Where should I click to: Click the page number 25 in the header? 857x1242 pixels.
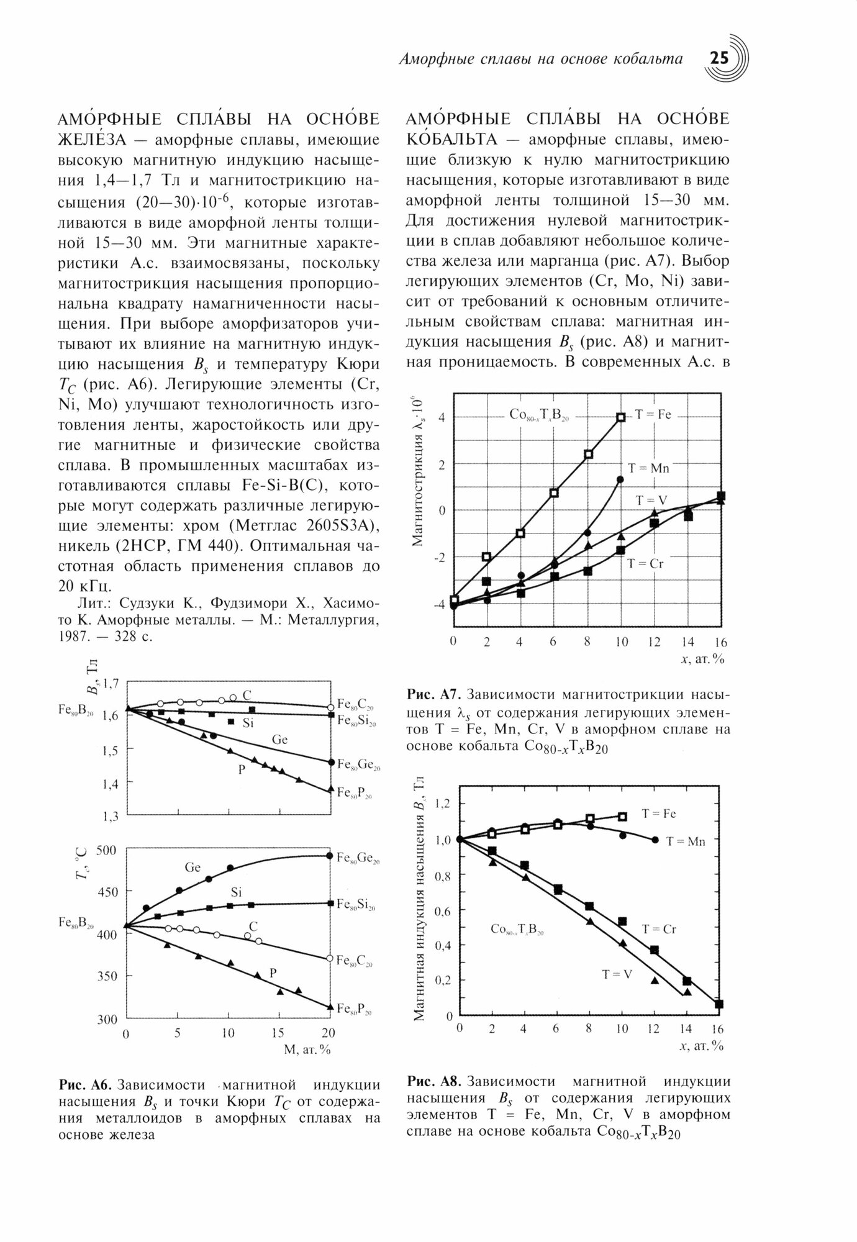(x=720, y=58)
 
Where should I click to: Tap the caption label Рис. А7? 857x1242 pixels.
(x=432, y=694)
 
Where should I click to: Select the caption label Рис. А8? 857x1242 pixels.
(x=432, y=1081)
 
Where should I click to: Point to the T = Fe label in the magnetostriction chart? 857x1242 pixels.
(x=653, y=415)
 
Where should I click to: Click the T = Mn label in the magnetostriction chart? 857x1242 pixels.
(x=648, y=468)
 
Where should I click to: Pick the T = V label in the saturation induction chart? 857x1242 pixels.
(x=616, y=974)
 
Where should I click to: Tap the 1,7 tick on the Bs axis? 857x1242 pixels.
(x=110, y=684)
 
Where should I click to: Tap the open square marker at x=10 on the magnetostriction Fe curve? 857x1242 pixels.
(x=620, y=417)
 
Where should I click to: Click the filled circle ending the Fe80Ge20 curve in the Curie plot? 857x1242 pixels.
(x=330, y=856)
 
